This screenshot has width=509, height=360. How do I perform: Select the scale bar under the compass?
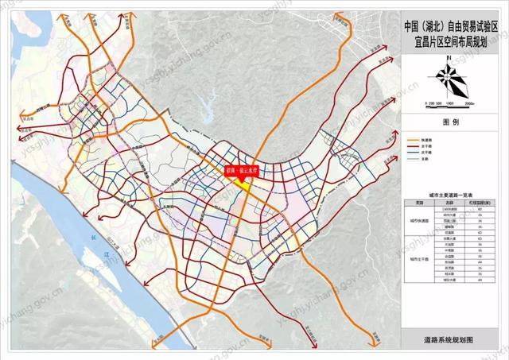tap(450, 102)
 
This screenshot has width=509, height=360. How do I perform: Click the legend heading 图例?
tap(450, 123)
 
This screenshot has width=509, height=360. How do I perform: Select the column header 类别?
tap(419, 203)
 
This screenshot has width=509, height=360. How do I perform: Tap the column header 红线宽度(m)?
tap(480, 203)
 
